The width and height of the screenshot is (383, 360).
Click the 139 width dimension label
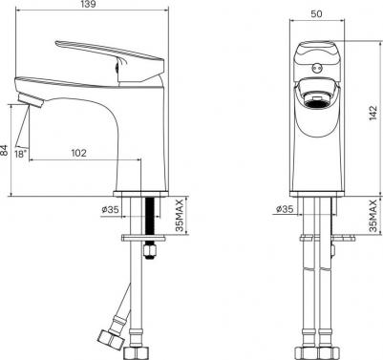[89, 4]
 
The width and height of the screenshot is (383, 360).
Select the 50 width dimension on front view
[317, 14]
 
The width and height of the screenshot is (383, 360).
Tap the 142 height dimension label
[373, 113]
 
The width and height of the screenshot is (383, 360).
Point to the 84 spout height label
[4, 151]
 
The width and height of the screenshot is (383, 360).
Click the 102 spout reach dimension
[78, 153]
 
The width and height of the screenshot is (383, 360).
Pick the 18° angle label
[20, 155]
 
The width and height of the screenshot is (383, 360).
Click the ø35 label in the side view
[110, 209]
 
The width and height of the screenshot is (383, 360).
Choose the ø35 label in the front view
[285, 209]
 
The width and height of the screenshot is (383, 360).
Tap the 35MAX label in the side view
[180, 216]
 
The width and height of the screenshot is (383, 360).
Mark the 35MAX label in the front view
[373, 216]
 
